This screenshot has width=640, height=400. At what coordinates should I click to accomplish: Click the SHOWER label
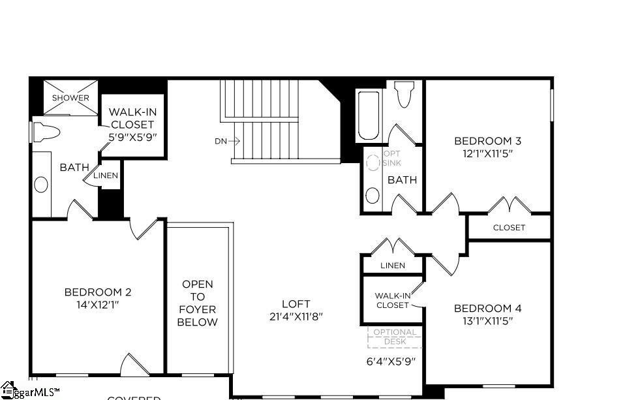(70, 98)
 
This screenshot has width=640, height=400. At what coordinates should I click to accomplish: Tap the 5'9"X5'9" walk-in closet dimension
(132, 137)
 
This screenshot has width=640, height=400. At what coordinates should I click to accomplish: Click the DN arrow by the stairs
(227, 140)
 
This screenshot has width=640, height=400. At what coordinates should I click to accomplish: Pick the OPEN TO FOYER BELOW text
(198, 303)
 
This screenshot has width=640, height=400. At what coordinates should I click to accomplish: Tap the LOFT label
(296, 303)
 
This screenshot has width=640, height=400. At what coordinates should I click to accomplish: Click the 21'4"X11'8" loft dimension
(296, 316)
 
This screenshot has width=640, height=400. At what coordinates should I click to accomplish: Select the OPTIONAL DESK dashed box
(395, 337)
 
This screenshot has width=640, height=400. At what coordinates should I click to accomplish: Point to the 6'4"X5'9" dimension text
(391, 361)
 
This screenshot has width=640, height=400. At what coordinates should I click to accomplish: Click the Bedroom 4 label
(487, 308)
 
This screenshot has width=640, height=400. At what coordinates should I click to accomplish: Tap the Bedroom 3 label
(487, 140)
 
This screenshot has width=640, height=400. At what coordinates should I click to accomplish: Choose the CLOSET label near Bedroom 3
(509, 228)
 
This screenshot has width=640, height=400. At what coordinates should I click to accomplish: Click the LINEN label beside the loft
(392, 266)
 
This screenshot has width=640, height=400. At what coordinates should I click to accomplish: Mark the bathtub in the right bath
(368, 116)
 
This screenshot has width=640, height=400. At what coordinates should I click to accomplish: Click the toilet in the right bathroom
(404, 94)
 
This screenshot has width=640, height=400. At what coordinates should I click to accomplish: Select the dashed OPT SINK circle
(373, 161)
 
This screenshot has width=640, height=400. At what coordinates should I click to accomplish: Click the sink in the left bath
(41, 185)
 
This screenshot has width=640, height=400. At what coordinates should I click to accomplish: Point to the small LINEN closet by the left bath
(106, 176)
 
